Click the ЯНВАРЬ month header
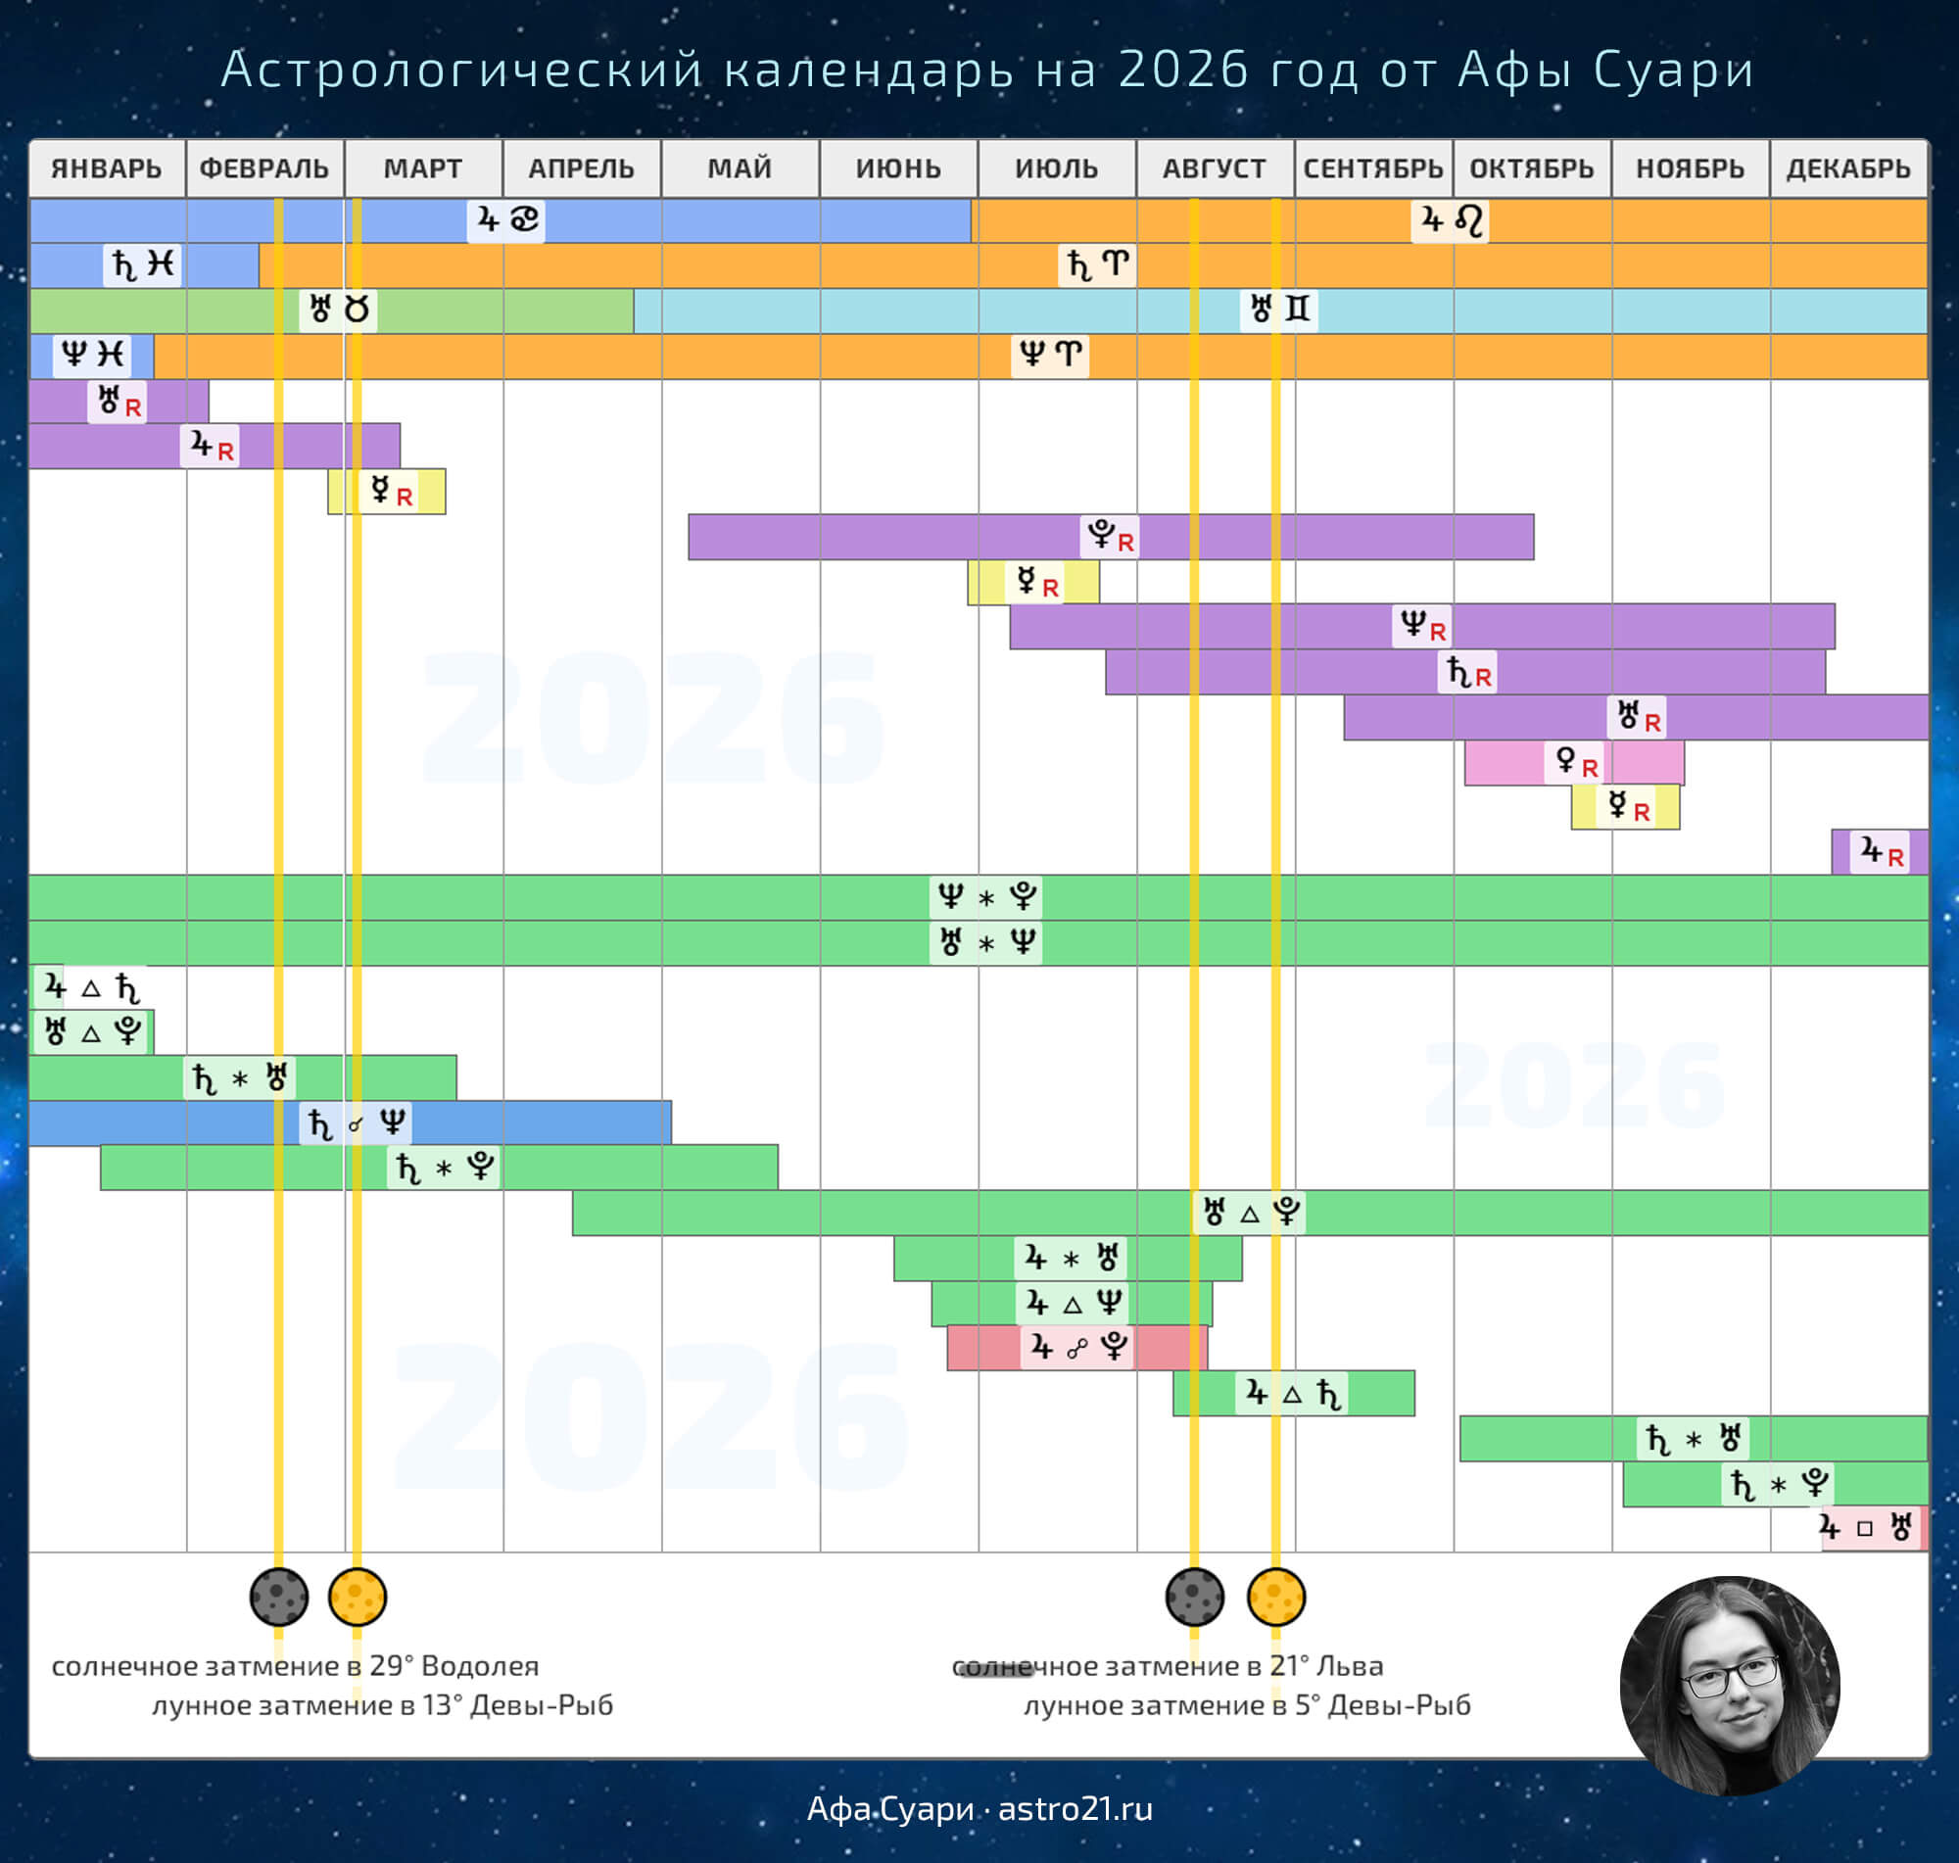(106, 168)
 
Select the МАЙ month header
(740, 168)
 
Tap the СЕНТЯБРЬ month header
(1373, 168)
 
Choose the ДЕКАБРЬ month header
(1847, 168)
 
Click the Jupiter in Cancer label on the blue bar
(506, 219)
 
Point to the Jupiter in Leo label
(1450, 219)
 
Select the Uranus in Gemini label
(1279, 310)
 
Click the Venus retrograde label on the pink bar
(1575, 763)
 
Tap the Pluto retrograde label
(1109, 537)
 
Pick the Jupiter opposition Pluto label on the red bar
(1076, 1348)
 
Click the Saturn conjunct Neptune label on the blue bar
(356, 1123)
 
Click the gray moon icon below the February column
(279, 1597)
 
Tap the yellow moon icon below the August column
(1276, 1597)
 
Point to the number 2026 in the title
(1181, 70)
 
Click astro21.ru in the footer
(1075, 1809)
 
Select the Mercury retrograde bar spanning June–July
(1032, 582)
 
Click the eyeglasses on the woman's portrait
(1730, 1678)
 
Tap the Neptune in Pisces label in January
(91, 355)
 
